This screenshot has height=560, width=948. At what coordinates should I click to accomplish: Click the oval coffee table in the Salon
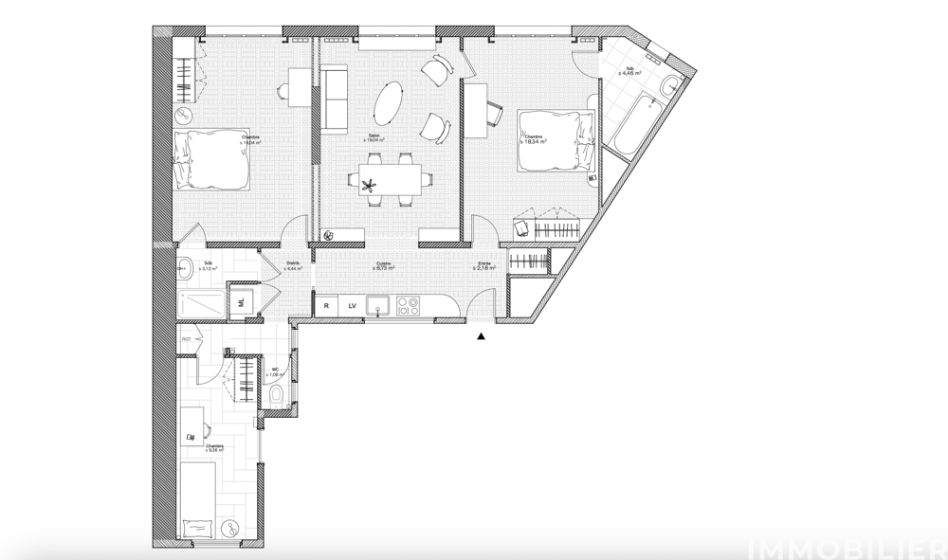pos(389,100)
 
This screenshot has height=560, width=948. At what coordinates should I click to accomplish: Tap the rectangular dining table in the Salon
pos(390,177)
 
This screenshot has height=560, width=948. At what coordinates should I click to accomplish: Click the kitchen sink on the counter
pos(379,305)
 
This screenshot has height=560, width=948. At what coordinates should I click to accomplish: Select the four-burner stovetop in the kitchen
pos(409,305)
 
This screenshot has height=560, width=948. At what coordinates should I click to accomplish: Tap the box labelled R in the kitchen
pos(326,305)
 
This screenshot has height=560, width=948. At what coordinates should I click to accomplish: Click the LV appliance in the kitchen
pos(351,305)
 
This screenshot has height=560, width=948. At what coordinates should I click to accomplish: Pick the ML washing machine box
pos(241,302)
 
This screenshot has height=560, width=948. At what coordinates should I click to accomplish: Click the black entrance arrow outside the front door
pos(482,334)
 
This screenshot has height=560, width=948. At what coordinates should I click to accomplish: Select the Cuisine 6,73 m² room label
pos(384,266)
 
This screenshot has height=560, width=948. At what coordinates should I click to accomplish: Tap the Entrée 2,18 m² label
pos(484,266)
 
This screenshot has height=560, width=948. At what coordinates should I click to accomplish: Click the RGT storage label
pos(187,338)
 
